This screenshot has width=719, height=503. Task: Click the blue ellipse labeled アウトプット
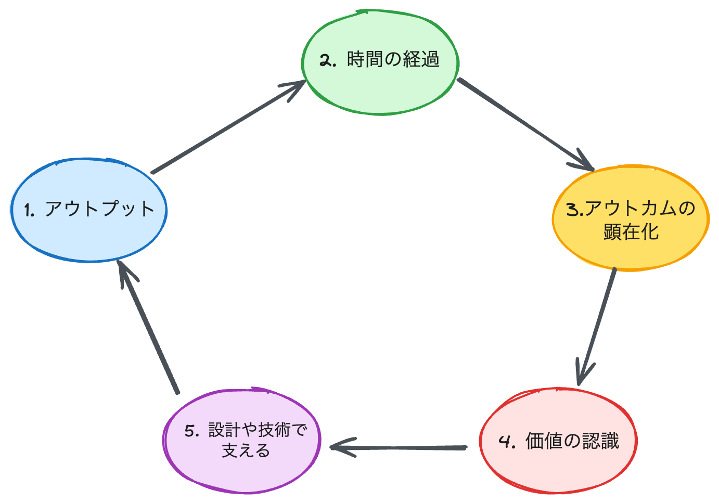(88, 234)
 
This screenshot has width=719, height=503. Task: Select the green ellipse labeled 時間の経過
(380, 88)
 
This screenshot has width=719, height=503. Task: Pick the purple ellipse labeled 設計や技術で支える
(242, 471)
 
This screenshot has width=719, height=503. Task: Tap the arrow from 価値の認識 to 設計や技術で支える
(401, 447)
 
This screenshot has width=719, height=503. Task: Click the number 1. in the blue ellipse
(29, 210)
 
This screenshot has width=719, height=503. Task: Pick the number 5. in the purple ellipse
(192, 431)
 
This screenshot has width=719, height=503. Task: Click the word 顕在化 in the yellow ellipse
(631, 232)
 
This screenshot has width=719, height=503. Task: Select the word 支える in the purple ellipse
(246, 450)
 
